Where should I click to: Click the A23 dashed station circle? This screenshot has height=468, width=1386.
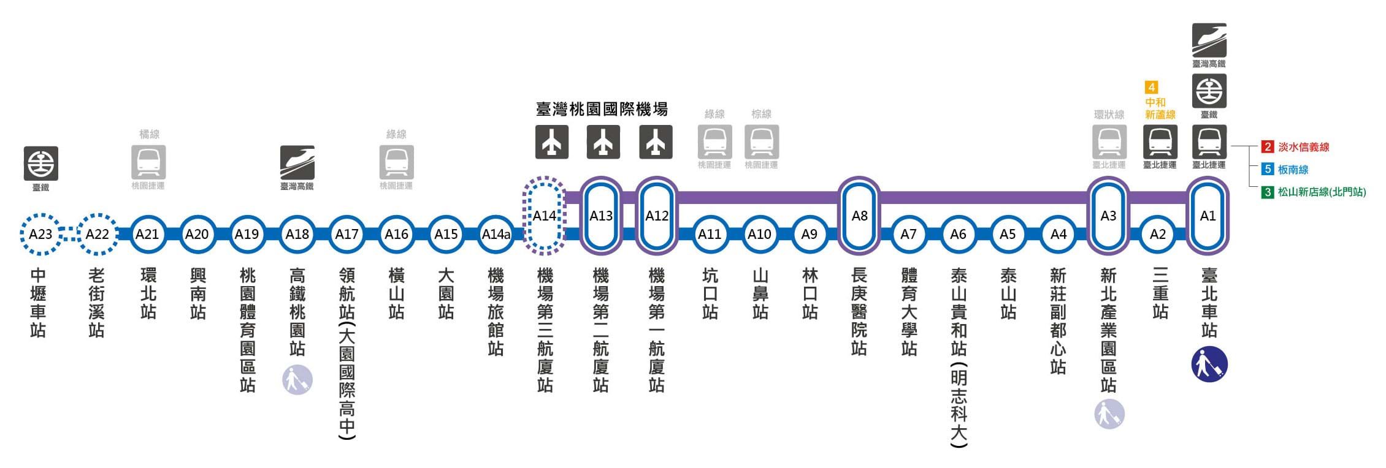click(x=40, y=234)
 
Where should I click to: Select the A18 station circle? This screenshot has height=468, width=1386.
click(x=297, y=234)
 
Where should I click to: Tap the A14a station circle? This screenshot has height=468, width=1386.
click(x=496, y=234)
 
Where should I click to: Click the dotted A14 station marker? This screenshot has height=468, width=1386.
click(x=544, y=216)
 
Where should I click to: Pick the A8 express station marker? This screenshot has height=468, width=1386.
click(x=859, y=216)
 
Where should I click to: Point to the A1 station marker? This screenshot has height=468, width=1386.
click(x=1208, y=216)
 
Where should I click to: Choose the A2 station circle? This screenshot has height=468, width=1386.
click(x=1158, y=234)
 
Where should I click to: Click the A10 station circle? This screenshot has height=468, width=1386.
click(x=759, y=234)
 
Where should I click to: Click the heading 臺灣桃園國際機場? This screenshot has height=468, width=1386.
click(x=602, y=110)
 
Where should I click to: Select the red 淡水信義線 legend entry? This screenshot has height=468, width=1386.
click(x=1295, y=147)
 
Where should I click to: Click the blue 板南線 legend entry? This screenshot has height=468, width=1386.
click(x=1285, y=170)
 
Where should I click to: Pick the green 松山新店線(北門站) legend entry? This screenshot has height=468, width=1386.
click(x=1313, y=192)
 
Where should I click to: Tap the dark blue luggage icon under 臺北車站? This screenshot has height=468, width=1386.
click(x=1209, y=364)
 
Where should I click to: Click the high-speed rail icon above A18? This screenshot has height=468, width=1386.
click(x=297, y=162)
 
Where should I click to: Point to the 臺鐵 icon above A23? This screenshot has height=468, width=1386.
click(x=40, y=163)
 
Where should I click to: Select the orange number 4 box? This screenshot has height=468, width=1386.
click(x=1152, y=87)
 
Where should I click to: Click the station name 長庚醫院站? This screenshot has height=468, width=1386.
click(x=859, y=311)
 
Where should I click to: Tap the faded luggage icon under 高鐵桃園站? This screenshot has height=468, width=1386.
click(x=297, y=380)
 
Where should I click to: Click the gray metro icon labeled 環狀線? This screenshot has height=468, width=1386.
click(x=1109, y=142)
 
